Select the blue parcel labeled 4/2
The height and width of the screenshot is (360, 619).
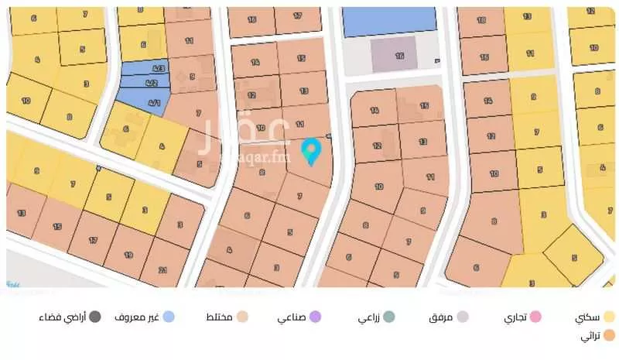click(152, 83)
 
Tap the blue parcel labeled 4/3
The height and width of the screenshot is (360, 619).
click(153, 70)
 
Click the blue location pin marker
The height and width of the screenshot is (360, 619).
click(311, 151)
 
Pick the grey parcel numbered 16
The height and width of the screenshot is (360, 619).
click(398, 56)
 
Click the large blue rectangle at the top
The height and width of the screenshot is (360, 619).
click(389, 21)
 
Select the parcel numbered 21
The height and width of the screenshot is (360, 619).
click(162, 269)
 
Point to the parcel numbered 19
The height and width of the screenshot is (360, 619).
click(128, 254)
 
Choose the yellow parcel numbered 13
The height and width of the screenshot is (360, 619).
click(528, 16)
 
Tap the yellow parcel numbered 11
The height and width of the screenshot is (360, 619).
click(529, 54)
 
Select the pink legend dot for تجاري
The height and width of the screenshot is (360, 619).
click(535, 317)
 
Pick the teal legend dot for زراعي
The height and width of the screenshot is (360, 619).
click(388, 317)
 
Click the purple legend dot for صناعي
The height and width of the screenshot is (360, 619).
click(315, 317)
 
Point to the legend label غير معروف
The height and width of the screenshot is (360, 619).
click(137, 317)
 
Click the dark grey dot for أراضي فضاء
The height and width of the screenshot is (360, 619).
click(94, 317)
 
